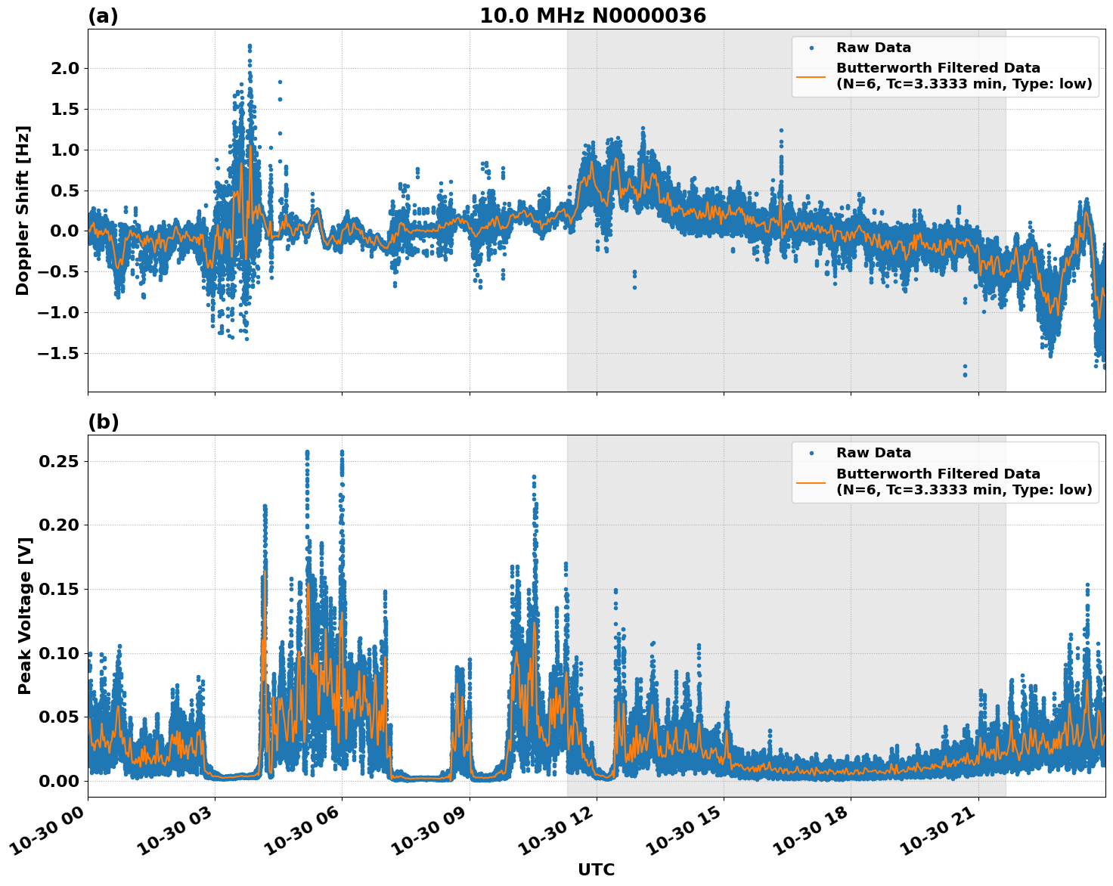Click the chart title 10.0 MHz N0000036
click(592, 16)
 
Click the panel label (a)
click(103, 16)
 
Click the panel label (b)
click(103, 422)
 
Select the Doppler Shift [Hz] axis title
click(23, 210)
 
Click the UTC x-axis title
click(596, 869)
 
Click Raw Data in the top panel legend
click(873, 48)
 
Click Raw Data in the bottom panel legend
click(873, 453)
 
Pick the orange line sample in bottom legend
click(811, 482)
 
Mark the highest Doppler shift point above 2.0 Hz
click(250, 46)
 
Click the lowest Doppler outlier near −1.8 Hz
click(965, 374)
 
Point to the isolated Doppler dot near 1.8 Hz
click(280, 82)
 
